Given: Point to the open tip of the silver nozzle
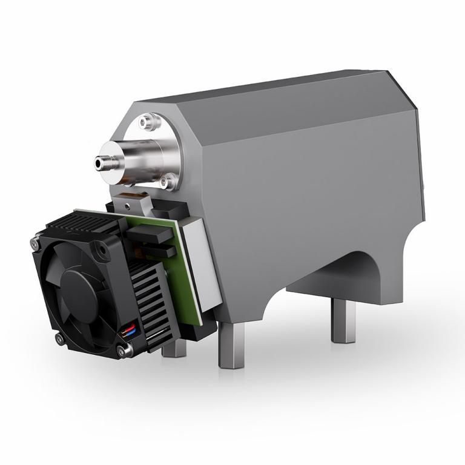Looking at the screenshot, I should (99, 162).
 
